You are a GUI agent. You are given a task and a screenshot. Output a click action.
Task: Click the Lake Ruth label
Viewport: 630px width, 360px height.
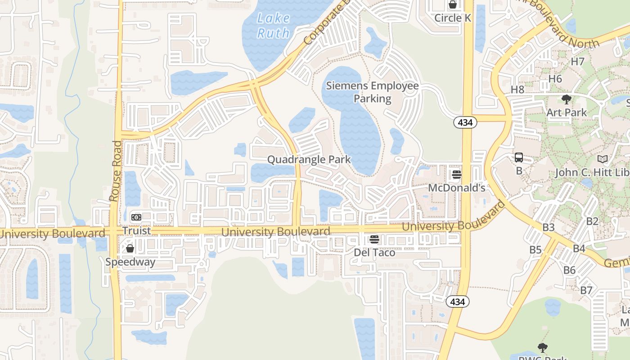(x=274, y=25)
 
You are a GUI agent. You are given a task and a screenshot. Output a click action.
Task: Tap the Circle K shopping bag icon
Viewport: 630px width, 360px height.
(x=453, y=5)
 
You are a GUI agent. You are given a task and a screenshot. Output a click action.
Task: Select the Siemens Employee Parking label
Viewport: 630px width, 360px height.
(x=373, y=92)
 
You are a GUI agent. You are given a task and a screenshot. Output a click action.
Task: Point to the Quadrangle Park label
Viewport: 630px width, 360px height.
(x=309, y=159)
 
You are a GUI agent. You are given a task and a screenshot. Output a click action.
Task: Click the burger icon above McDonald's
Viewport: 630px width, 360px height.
(x=457, y=175)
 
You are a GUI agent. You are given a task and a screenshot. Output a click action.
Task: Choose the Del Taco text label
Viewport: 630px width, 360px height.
(x=374, y=252)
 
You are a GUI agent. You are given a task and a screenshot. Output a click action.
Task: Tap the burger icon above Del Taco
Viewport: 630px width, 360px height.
(x=374, y=239)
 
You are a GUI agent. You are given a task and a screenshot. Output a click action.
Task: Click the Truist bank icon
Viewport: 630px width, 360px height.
(x=136, y=217)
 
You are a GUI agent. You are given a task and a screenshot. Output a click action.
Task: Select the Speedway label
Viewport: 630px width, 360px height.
(x=130, y=262)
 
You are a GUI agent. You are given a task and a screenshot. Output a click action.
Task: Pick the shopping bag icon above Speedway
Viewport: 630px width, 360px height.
(x=130, y=248)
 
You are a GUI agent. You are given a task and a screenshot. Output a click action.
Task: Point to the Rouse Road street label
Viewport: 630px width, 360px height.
(x=115, y=171)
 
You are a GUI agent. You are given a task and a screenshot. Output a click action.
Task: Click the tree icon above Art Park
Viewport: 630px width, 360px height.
(x=567, y=99)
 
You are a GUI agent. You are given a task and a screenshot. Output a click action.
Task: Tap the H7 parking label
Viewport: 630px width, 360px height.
(x=577, y=62)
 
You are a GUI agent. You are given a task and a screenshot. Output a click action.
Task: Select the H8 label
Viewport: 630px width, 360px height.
(x=517, y=90)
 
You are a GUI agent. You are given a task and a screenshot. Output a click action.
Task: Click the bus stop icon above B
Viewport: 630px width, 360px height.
(x=519, y=157)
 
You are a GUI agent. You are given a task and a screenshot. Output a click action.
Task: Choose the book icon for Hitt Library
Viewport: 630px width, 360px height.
(x=602, y=159)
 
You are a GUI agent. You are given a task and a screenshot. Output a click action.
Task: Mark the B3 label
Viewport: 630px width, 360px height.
(x=548, y=227)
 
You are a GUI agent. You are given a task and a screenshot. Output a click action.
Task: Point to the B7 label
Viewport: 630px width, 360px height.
(x=586, y=290)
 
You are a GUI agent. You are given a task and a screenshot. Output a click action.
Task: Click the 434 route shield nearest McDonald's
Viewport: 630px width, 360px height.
(x=465, y=122)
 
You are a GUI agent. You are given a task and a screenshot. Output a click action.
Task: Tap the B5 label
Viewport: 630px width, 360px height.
(x=535, y=250)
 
